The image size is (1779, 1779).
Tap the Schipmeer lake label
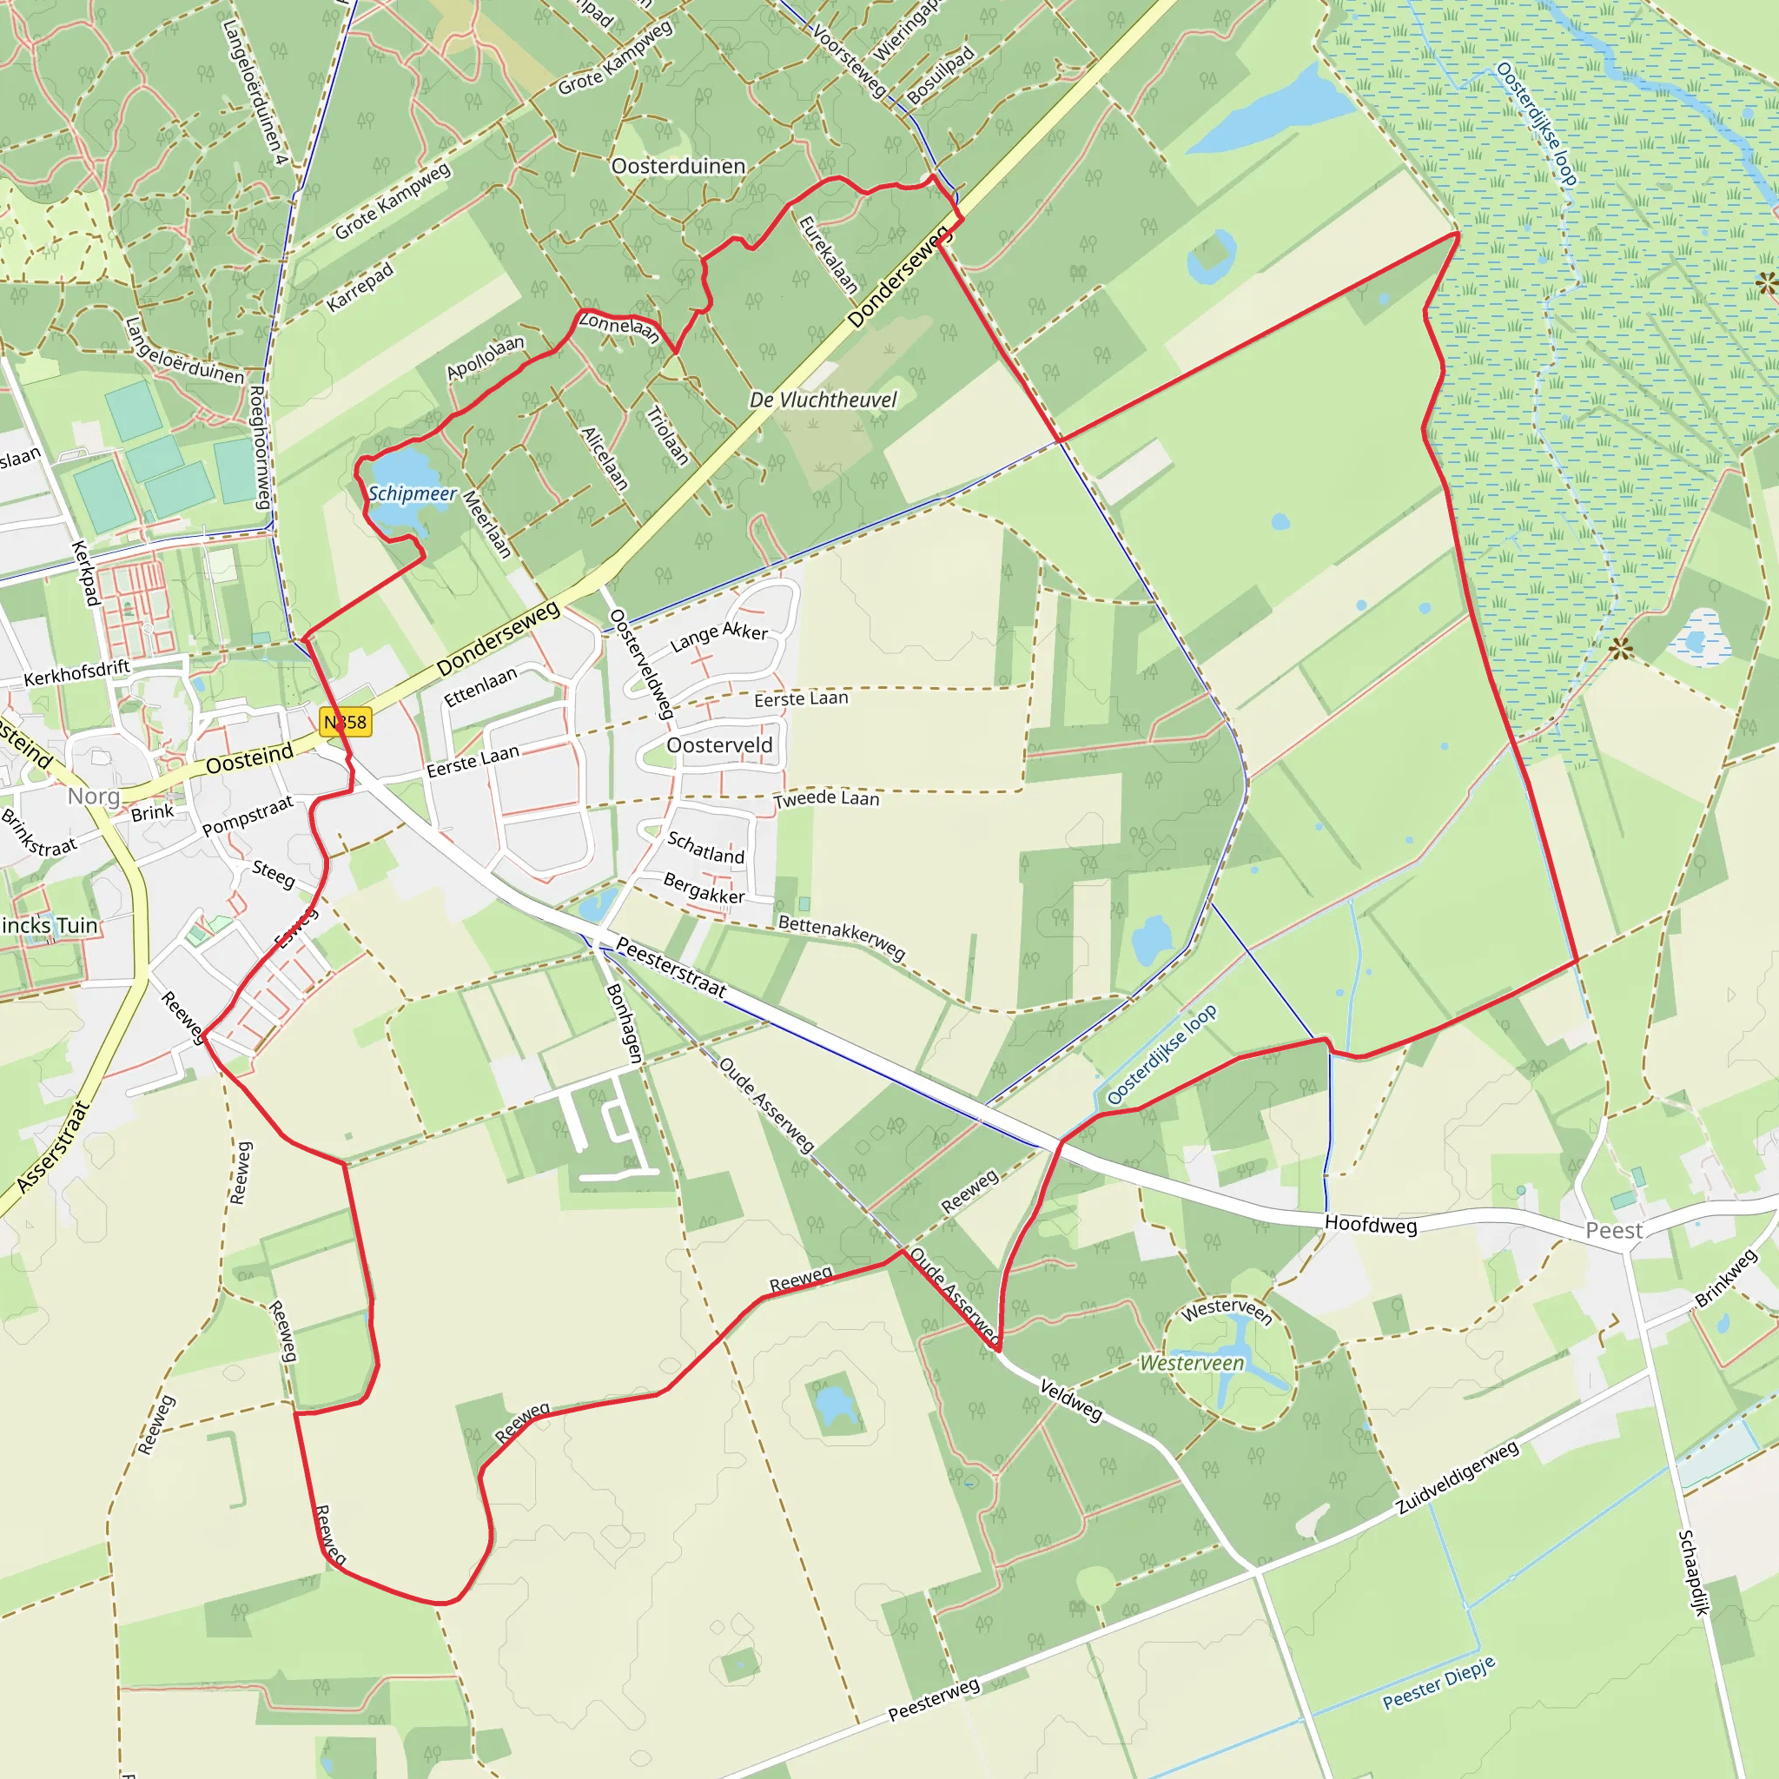[x=413, y=493]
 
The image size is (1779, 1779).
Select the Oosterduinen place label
[x=678, y=167]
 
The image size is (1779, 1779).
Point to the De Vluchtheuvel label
[x=823, y=400]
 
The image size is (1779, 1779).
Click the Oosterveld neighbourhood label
[x=719, y=745]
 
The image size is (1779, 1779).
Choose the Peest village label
[x=1613, y=1231]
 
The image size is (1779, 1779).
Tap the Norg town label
[x=94, y=796]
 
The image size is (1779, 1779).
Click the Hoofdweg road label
[x=1370, y=1224]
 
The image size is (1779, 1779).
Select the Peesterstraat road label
[x=671, y=968]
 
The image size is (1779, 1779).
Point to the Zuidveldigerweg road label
[x=1458, y=1478]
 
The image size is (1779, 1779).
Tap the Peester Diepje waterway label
[x=1439, y=1683]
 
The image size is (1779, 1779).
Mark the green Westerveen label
[x=1192, y=1363]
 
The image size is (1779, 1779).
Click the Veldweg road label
[x=1071, y=1399]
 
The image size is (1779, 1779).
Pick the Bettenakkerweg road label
[x=842, y=936]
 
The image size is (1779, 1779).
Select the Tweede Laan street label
[x=826, y=798]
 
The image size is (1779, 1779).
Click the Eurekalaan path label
[x=828, y=255]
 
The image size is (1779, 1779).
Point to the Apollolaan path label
[x=486, y=357]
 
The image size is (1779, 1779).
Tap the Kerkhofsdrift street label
[x=76, y=672]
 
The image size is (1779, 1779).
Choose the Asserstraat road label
[x=52, y=1147]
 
